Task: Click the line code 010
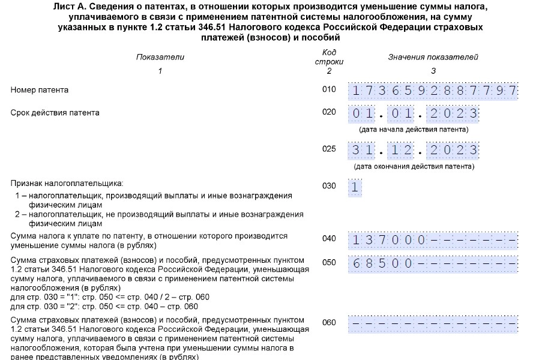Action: coord(329,90)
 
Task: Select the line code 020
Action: coord(329,112)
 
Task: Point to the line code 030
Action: coord(329,186)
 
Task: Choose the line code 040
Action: coord(329,239)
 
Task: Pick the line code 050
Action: coord(329,262)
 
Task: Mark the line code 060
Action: coord(329,322)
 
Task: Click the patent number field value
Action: coord(433,91)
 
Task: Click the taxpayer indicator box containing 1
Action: coord(355,187)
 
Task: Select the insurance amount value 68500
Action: coord(383,263)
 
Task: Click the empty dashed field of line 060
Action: coord(433,323)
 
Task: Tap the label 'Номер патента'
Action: coord(40,90)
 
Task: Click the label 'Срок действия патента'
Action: coord(55,112)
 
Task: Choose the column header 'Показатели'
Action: coord(160,57)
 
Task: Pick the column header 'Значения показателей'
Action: coord(433,57)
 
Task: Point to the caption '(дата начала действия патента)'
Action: coord(414,130)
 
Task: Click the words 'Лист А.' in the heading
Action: coord(88,7)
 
